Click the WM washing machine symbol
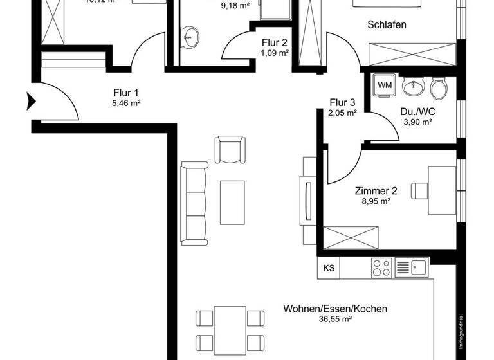click(x=385, y=85)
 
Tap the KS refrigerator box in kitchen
click(x=329, y=268)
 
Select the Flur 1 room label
click(x=126, y=93)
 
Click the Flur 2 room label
click(x=274, y=43)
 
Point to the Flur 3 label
click(x=342, y=102)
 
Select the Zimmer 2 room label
click(x=376, y=190)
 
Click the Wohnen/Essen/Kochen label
click(x=335, y=309)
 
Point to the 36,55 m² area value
click(x=335, y=319)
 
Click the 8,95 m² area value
click(x=376, y=201)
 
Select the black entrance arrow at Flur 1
click(x=31, y=100)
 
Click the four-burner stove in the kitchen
click(x=380, y=267)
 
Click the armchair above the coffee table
click(x=230, y=149)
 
